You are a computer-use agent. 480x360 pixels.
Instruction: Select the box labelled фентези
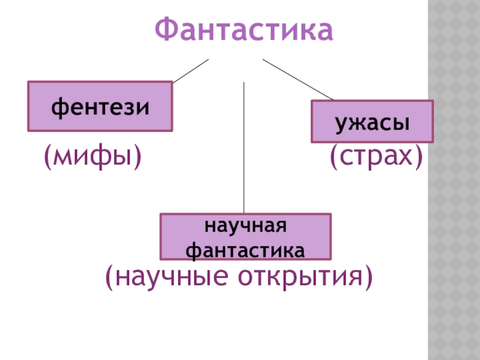coord(100,106)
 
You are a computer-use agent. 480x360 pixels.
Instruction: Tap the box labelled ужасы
coord(372,121)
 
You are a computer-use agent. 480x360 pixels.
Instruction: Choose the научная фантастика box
coord(245,236)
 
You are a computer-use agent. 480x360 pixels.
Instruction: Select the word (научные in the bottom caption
coord(167,277)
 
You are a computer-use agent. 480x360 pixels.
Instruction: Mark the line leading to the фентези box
coord(190,71)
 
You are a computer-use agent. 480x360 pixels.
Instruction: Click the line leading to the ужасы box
coord(298,80)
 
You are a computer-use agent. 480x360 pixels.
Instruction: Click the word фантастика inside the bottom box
coord(245,247)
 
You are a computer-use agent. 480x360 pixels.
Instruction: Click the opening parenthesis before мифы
coord(47,157)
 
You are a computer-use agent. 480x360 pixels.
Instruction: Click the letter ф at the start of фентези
coord(58,107)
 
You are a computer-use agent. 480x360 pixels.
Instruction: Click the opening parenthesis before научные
coord(109,277)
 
